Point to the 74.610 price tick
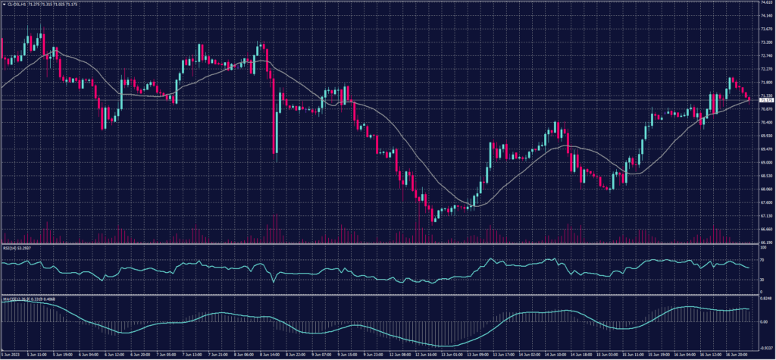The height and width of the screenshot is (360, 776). point(765,3)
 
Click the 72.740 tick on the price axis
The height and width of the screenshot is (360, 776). point(765,42)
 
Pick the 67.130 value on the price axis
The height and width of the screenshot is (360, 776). point(765,214)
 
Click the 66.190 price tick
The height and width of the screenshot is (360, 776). point(765,242)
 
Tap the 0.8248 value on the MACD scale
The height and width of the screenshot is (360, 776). point(764,300)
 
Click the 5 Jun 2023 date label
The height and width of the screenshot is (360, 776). point(11,355)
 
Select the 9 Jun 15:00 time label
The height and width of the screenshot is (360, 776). point(349,355)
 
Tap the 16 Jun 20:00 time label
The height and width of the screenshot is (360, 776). point(740,355)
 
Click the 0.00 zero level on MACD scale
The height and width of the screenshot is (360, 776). point(762,321)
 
